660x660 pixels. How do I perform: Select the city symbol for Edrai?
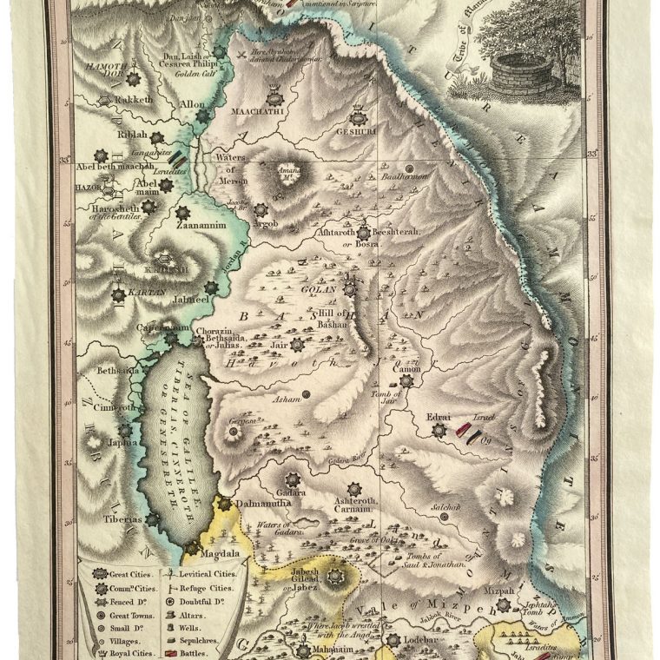pos(439,429)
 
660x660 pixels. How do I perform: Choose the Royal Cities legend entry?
pos(128,653)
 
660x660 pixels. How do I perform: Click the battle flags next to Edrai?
pos(466,431)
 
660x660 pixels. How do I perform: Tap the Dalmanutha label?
pos(261,503)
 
